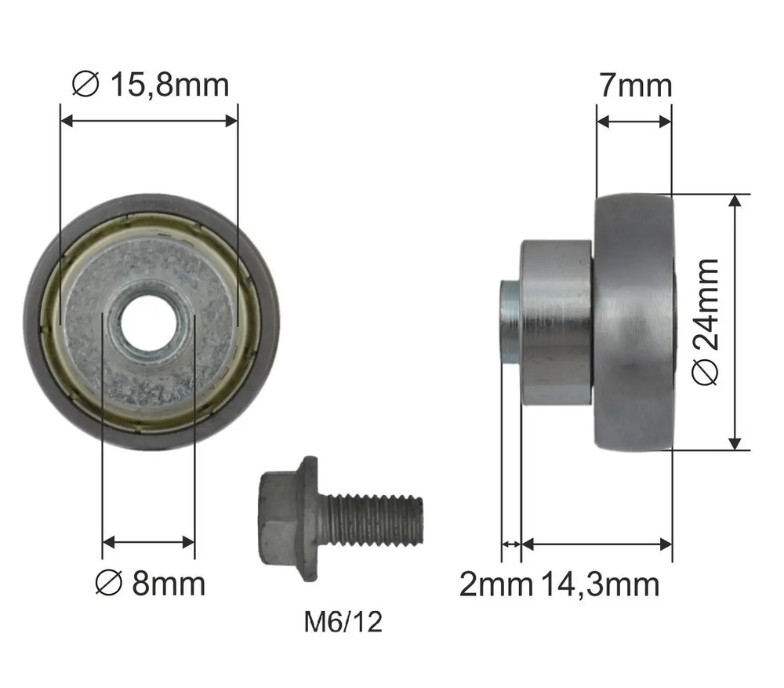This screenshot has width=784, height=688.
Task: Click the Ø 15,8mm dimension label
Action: (x=151, y=84)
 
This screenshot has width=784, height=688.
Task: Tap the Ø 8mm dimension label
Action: (x=151, y=584)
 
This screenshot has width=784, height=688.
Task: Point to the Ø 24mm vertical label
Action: (x=706, y=322)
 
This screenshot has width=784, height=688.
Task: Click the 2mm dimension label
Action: (x=495, y=584)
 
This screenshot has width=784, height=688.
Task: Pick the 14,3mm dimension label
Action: (x=600, y=584)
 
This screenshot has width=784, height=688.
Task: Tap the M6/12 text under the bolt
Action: (x=343, y=622)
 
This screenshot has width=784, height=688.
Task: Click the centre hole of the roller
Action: (x=148, y=322)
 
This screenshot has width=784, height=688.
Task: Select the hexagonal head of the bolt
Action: (x=279, y=519)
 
